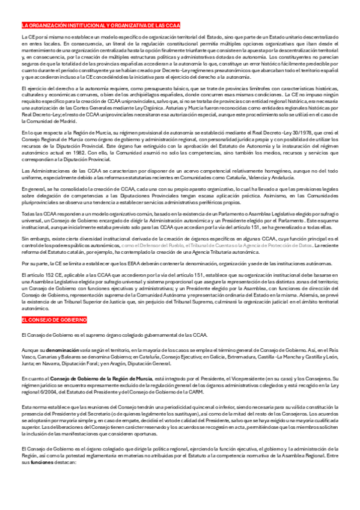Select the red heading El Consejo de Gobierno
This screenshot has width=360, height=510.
click(46, 320)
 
